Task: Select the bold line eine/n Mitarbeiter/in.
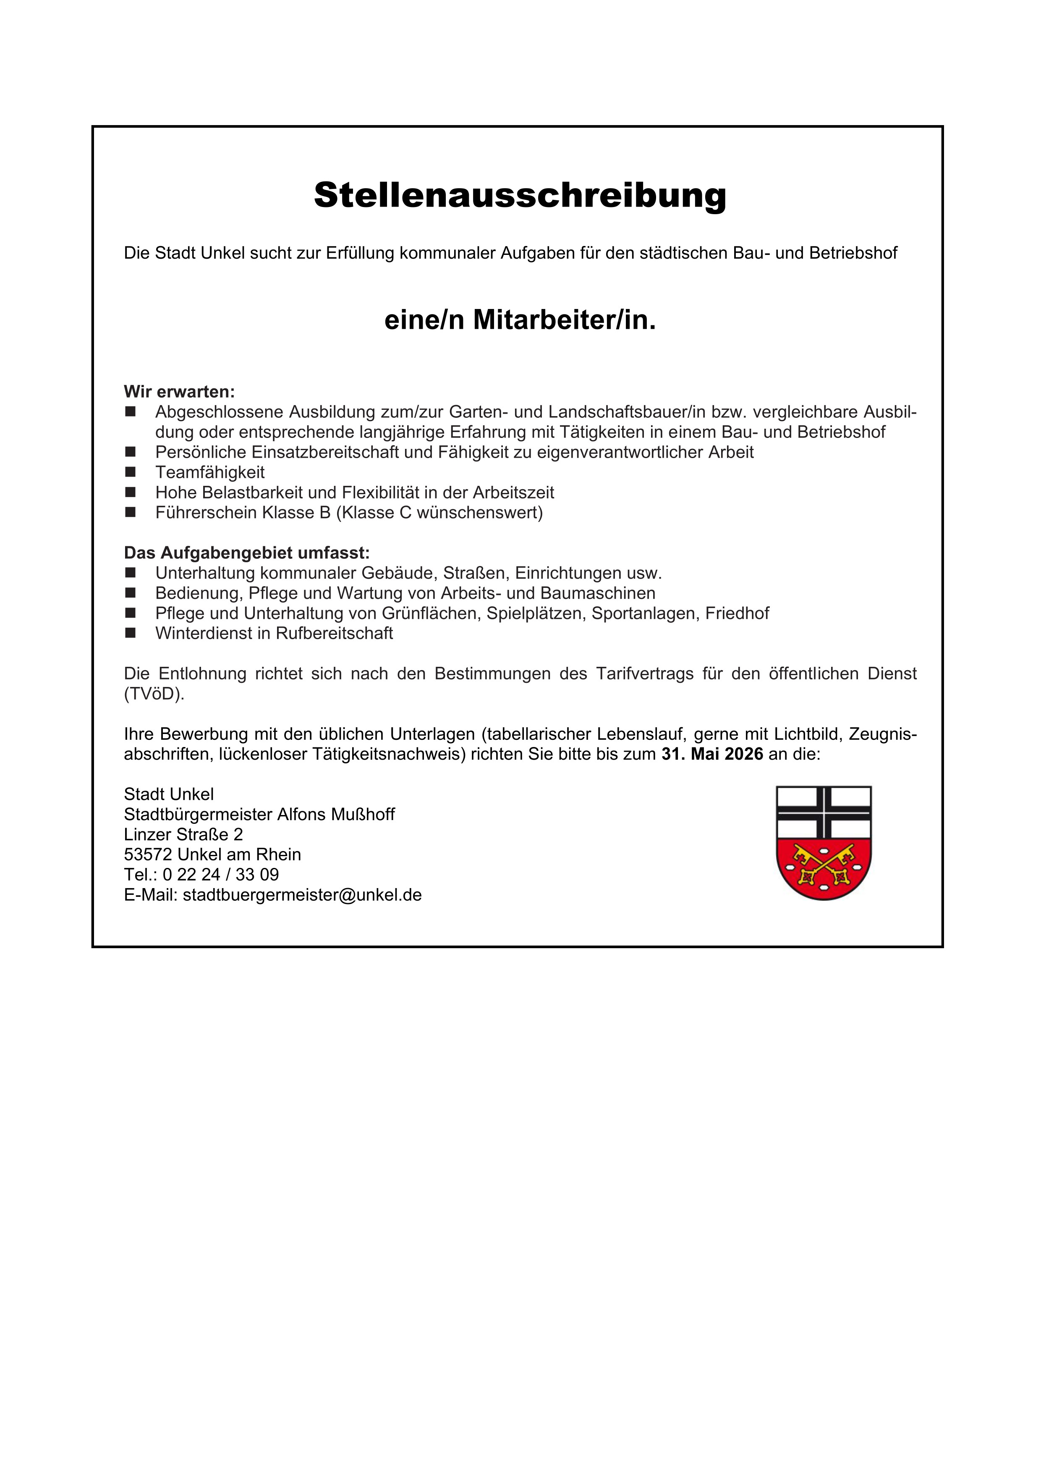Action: pyautogui.click(x=520, y=320)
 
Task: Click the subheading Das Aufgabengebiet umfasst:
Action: pyautogui.click(x=246, y=553)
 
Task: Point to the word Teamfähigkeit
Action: pyautogui.click(x=210, y=473)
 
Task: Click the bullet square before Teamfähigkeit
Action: pyautogui.click(x=131, y=472)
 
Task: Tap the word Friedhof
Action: pyautogui.click(x=737, y=613)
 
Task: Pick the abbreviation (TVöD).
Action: pyautogui.click(x=154, y=694)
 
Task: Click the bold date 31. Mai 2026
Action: pyautogui.click(x=712, y=754)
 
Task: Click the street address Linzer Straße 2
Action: pyautogui.click(x=183, y=834)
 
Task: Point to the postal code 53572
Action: pyautogui.click(x=148, y=854)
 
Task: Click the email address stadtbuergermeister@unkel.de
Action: pyautogui.click(x=302, y=895)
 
